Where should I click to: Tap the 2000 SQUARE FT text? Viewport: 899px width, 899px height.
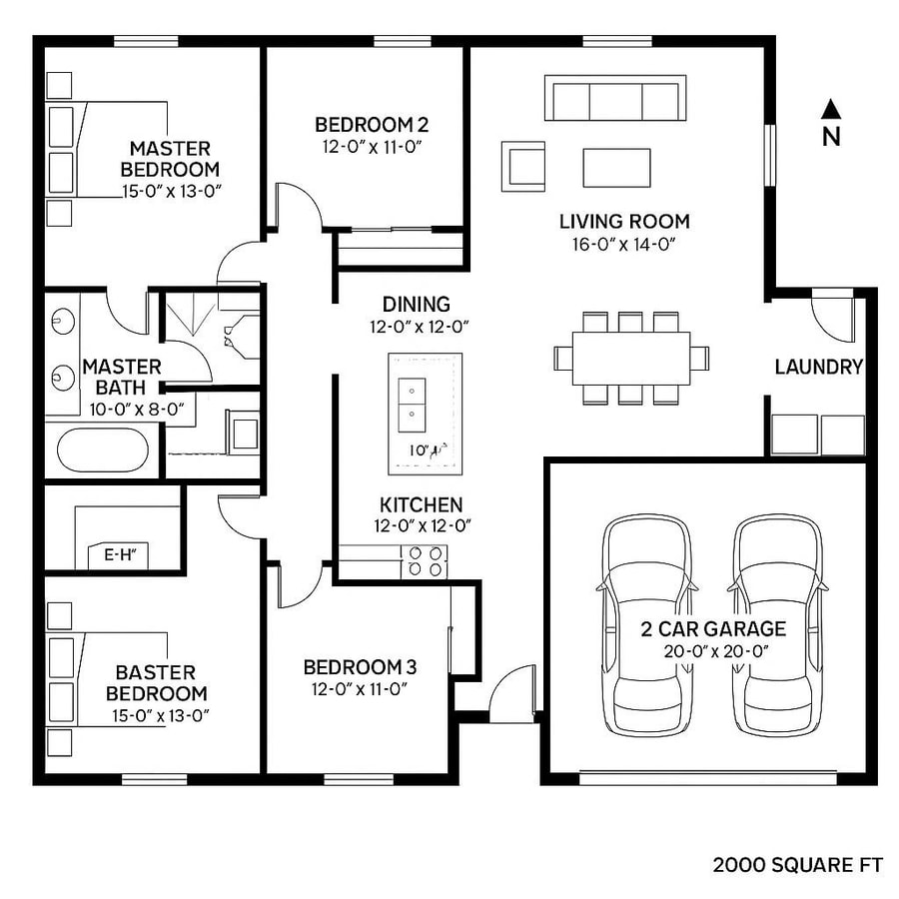[797, 865]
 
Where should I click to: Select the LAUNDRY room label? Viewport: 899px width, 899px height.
[818, 368]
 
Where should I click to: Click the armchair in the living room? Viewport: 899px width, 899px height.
[523, 165]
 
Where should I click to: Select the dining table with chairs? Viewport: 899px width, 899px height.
[631, 358]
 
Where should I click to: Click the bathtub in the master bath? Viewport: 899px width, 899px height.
[102, 449]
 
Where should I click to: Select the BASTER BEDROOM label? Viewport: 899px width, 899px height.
[156, 683]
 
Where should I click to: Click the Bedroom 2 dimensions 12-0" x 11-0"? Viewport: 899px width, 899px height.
[372, 147]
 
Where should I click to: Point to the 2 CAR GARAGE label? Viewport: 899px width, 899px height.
[713, 629]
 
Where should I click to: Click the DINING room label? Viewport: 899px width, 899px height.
[416, 305]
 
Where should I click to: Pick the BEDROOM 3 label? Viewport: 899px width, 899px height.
[360, 667]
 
